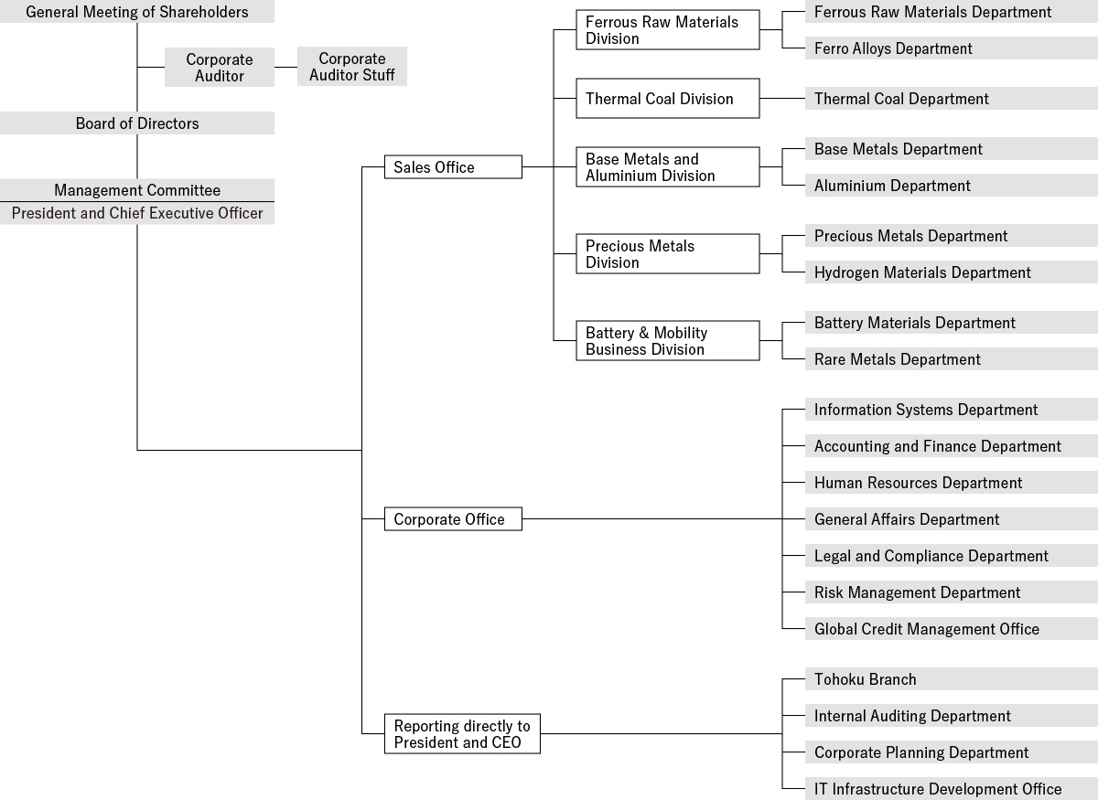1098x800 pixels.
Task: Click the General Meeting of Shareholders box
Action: click(x=136, y=11)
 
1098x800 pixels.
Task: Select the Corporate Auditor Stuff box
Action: click(x=352, y=67)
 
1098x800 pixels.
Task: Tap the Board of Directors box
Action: click(x=136, y=123)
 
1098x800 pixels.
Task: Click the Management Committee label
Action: click(x=136, y=190)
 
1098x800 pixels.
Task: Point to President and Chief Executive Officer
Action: click(x=136, y=213)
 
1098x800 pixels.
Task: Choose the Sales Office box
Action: click(x=453, y=167)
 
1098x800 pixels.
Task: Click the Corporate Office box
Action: click(x=453, y=518)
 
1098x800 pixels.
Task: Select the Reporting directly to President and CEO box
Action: click(x=462, y=734)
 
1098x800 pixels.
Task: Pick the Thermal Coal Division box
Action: click(x=668, y=99)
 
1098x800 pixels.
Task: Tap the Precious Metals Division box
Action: click(x=668, y=254)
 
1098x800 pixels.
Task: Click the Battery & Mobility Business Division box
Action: click(x=668, y=341)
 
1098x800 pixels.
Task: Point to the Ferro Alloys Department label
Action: click(x=893, y=48)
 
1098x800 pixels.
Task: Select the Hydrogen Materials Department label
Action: click(x=922, y=272)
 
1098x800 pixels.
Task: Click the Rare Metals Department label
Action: click(x=897, y=359)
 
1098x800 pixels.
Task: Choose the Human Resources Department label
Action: click(x=918, y=483)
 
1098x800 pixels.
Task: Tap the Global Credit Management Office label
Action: click(x=926, y=629)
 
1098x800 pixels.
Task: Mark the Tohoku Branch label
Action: click(x=866, y=679)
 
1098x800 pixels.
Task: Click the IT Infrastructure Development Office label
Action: click(x=938, y=789)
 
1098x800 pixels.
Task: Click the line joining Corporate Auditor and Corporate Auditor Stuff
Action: click(x=285, y=67)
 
